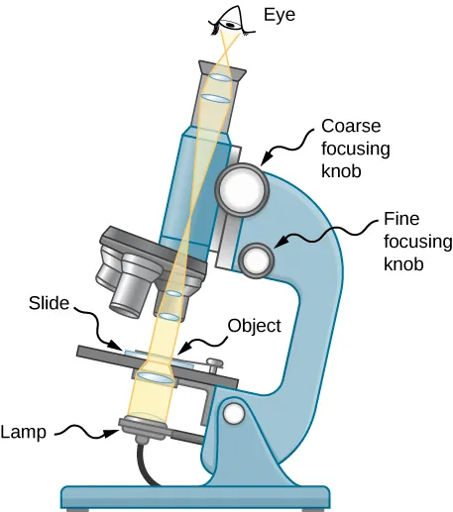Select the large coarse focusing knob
click(x=241, y=186)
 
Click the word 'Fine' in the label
click(x=401, y=219)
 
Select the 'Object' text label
click(x=255, y=324)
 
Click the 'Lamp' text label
click(x=23, y=432)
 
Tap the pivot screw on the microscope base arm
click(x=234, y=411)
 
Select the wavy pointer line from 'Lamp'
click(x=85, y=430)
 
